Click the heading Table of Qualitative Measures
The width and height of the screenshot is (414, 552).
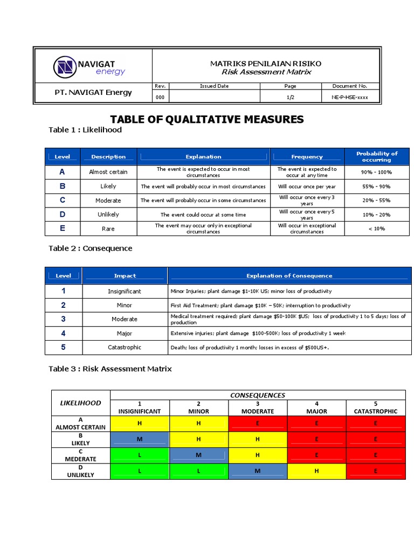coord(207,119)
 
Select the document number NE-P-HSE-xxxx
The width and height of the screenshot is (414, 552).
coord(350,97)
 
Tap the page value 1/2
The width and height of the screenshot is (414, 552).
coord(290,97)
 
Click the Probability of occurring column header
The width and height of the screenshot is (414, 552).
coord(377,156)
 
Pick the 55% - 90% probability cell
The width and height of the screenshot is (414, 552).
coord(377,186)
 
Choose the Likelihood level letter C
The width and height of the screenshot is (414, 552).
coord(63,200)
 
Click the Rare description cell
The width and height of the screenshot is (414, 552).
coord(108,229)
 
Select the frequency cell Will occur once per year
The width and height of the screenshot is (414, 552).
coord(307,186)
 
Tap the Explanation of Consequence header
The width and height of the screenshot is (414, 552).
coord(289,275)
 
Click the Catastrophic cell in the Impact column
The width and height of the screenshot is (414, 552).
coord(125,347)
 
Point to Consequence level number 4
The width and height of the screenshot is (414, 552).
coord(63,333)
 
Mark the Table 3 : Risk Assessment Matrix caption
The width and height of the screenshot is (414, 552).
coord(110,369)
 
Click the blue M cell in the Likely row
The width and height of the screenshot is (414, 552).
coord(140,439)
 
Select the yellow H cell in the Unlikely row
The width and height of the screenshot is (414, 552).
coord(316,471)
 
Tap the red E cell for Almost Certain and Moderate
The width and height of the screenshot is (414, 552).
coord(258,423)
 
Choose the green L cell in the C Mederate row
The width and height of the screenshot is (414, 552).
coord(140,455)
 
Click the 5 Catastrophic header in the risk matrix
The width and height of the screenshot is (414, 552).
coord(376,408)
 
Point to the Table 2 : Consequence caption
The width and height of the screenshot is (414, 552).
coord(90,249)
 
